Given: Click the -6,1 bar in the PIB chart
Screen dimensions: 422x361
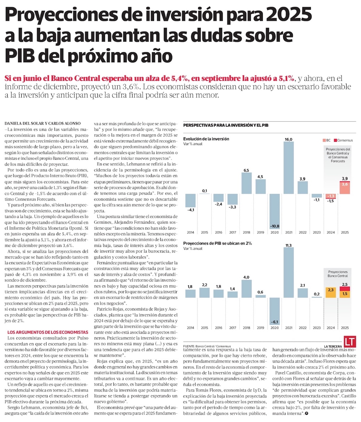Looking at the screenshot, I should (x=274, y=311).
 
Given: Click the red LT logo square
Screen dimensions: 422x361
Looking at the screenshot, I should (x=349, y=342).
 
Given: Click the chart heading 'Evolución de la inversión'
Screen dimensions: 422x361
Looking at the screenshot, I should (x=206, y=139).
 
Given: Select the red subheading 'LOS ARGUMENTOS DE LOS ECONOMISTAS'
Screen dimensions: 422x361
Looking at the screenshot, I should (x=48, y=332).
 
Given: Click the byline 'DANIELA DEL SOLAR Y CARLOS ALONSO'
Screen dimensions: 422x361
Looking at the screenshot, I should (x=45, y=123).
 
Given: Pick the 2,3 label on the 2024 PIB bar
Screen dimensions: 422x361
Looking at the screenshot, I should (x=330, y=289).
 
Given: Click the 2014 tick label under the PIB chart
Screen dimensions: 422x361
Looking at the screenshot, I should (x=191, y=328).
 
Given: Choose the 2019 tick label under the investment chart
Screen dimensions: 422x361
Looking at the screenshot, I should (x=260, y=232).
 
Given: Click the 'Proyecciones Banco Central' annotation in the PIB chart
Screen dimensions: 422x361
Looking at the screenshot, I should (x=338, y=274).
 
